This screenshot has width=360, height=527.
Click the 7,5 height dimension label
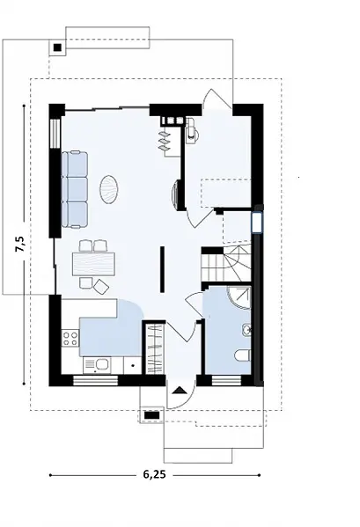pos(20,244)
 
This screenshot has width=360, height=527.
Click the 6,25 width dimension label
pos(155,474)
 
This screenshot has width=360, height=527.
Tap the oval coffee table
pos(108,189)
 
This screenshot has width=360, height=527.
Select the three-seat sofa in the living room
pos(75,190)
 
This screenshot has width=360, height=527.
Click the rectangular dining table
pos(93,264)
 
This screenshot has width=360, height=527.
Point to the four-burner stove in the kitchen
pos(70,338)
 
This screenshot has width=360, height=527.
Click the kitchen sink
pos(97,366)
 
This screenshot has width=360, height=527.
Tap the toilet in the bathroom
pos(243,355)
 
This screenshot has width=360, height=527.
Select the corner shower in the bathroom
pos(239,297)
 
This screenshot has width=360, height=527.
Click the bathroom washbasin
pos(246,330)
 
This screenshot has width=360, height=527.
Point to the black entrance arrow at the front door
pos(179,391)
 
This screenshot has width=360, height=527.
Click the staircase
pos(227,263)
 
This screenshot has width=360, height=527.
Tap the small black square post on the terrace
pos(57,48)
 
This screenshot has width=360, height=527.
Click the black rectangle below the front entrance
pos(151,415)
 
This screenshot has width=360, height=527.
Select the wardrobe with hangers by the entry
pos(154,348)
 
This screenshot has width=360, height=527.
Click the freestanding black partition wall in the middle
pos(163,269)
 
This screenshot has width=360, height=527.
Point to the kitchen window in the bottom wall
pos(96,380)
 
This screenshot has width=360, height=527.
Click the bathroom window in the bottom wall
pos(226,380)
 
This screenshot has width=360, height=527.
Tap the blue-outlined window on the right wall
pos(258,223)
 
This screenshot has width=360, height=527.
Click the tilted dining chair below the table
pos(101,286)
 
